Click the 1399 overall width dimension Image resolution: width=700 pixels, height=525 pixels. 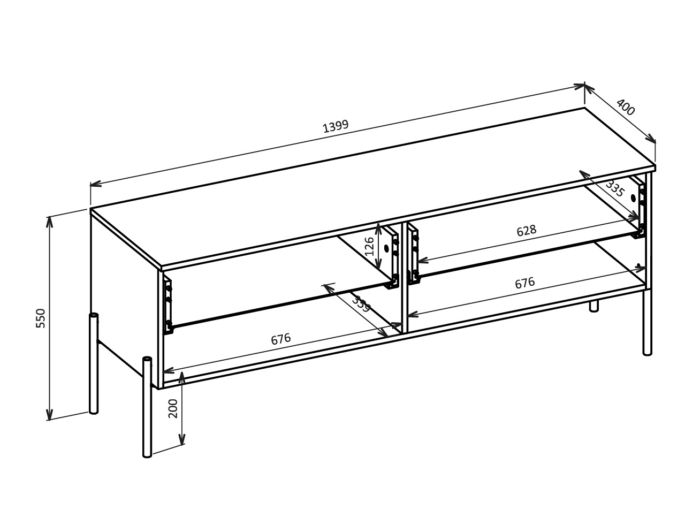[336, 126]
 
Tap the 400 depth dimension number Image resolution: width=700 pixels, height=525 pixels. [625, 108]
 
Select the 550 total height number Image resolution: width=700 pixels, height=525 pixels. [41, 318]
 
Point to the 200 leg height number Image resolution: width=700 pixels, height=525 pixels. [173, 408]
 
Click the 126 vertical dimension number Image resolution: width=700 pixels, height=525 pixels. [369, 246]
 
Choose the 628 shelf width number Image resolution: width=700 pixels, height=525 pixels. [526, 231]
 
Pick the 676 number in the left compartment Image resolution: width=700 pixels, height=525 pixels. [280, 339]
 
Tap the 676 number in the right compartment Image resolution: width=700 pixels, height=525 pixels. [524, 283]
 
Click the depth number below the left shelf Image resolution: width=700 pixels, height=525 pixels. [361, 304]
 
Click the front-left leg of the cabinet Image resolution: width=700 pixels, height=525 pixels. [147, 407]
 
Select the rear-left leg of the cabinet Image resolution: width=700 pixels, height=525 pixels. [94, 364]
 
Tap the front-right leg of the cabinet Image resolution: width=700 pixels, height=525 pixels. [648, 321]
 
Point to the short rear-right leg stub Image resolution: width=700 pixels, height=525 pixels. [594, 306]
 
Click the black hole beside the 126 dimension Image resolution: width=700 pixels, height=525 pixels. [386, 248]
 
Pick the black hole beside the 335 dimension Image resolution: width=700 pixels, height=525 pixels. [634, 197]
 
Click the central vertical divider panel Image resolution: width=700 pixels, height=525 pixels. [405, 278]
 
